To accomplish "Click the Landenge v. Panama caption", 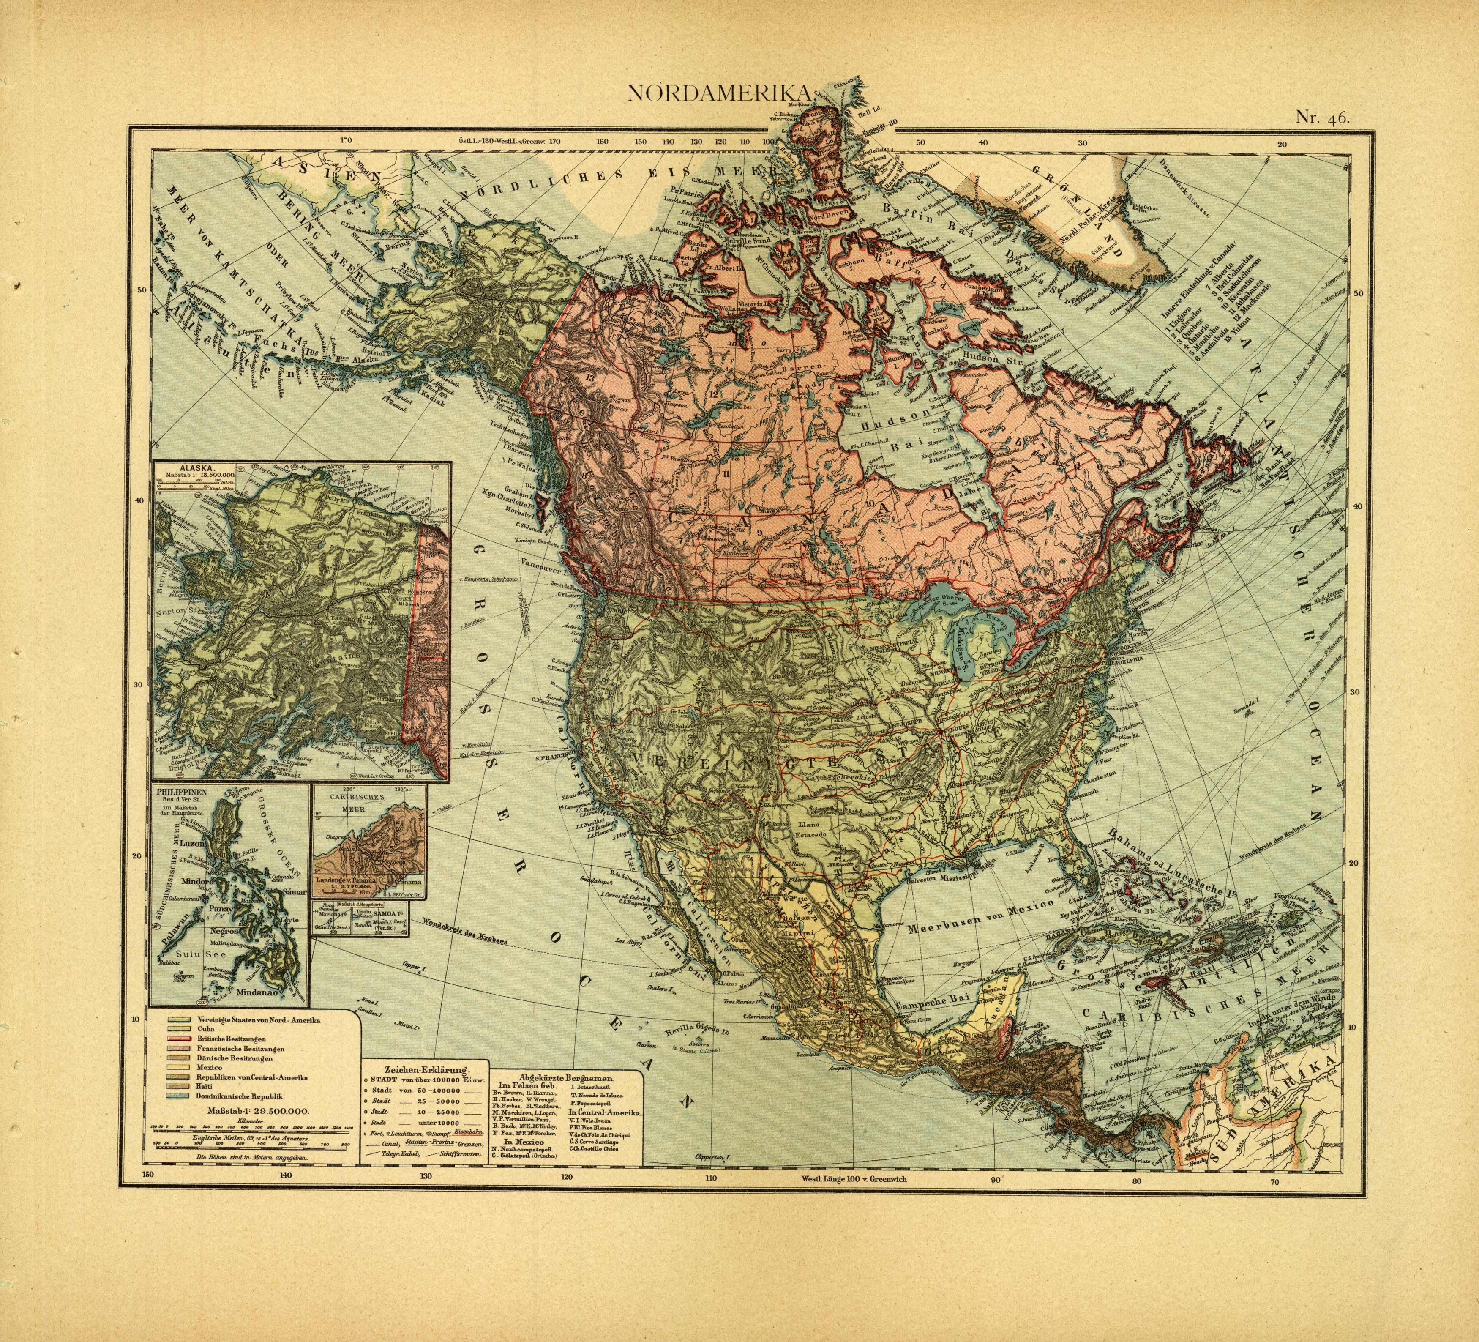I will click(x=345, y=879).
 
